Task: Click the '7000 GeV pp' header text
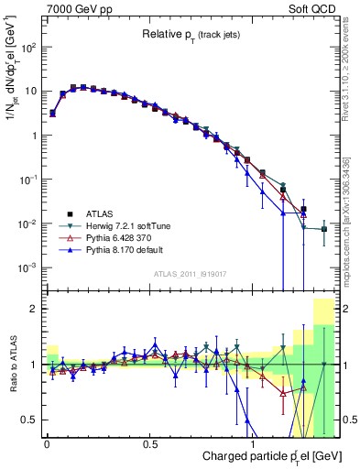(74, 8)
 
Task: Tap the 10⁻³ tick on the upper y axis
(27, 267)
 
